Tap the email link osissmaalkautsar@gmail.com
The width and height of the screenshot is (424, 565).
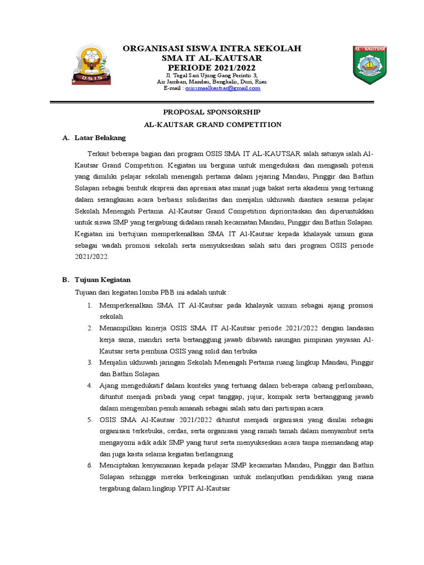tap(222, 88)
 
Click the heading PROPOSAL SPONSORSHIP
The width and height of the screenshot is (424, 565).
tap(213, 111)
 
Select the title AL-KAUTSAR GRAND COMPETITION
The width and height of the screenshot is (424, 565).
tap(213, 125)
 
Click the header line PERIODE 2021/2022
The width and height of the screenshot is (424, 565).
tap(212, 67)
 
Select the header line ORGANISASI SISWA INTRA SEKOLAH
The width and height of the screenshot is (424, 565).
tap(212, 49)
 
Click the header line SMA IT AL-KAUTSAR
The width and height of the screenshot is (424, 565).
tap(212, 58)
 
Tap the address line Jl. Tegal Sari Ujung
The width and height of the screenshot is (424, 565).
tap(212, 74)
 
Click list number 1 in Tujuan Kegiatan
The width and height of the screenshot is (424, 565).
tap(89, 305)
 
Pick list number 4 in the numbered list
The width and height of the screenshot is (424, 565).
tap(89, 385)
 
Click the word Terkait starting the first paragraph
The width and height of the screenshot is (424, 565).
tap(98, 152)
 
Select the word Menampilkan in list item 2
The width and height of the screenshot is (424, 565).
tap(122, 328)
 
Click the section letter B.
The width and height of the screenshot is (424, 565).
tap(65, 280)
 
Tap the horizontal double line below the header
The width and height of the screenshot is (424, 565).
tap(212, 102)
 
